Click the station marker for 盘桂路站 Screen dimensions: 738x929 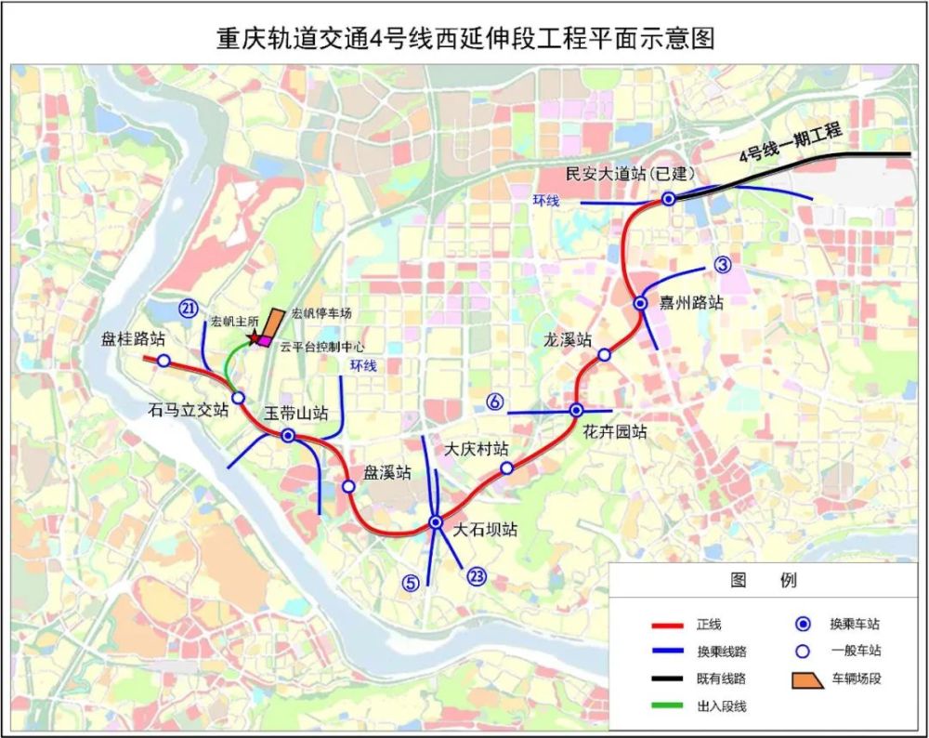tap(164, 361)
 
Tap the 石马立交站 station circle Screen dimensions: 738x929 tap(238, 398)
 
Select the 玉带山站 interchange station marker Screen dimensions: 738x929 tap(288, 435)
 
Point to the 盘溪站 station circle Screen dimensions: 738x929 tap(348, 486)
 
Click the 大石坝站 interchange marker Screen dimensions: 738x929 tap(436, 522)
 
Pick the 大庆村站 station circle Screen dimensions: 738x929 tap(506, 468)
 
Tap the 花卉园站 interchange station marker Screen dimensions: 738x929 tap(576, 410)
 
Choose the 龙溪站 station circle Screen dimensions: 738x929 tap(604, 354)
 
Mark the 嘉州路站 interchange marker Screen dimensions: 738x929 tap(640, 303)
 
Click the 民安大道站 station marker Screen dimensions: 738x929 tap(669, 199)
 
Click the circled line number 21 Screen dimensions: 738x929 tap(189, 309)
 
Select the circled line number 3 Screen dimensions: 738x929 tap(724, 265)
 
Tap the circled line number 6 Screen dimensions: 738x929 tap(495, 402)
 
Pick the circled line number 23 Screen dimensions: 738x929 tap(478, 577)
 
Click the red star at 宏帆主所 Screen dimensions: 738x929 tap(253, 338)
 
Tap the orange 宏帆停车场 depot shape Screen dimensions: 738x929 tap(272, 323)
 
